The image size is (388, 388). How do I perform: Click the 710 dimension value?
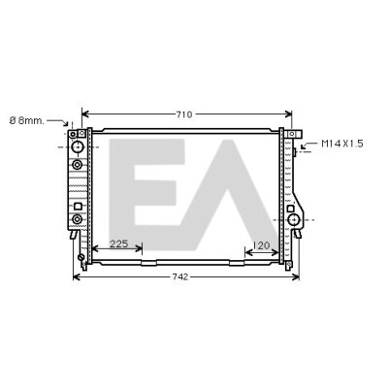(x=184, y=114)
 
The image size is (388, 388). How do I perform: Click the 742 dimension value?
(x=179, y=276)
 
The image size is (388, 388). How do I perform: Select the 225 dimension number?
(x=119, y=243)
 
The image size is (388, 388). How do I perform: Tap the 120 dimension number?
(x=261, y=245)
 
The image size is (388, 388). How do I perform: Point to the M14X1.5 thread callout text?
(x=342, y=144)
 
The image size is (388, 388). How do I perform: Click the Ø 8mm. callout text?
(x=26, y=121)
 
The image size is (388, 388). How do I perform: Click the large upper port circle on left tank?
(x=78, y=147)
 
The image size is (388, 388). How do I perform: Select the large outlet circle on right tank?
(x=294, y=220)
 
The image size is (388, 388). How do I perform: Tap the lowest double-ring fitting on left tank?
(x=77, y=219)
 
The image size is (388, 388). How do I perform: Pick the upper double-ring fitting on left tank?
(x=77, y=165)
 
